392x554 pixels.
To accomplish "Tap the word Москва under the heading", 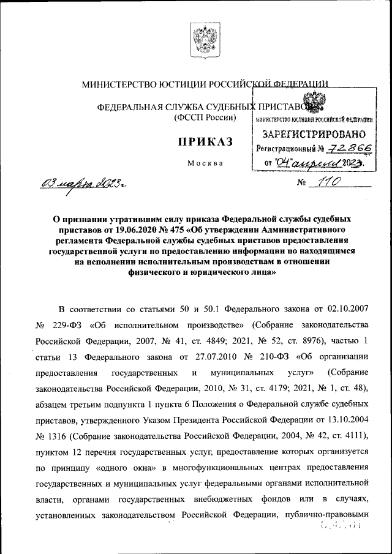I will click(x=205, y=163).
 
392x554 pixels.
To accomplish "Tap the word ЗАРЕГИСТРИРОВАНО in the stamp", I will click(x=314, y=133).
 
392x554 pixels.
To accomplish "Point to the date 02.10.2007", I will click(x=347, y=307).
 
